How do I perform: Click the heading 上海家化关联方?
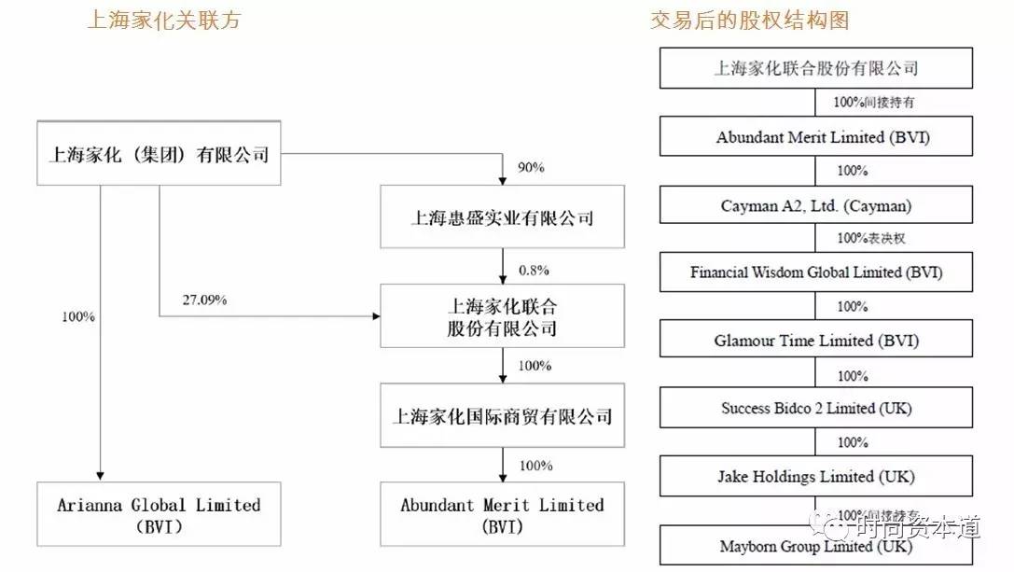(x=163, y=20)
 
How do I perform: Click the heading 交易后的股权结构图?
(x=750, y=20)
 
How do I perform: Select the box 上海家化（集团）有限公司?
(x=159, y=154)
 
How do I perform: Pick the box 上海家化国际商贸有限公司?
(x=502, y=415)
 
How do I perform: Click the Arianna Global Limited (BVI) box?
(x=159, y=514)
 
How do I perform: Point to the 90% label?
(x=530, y=168)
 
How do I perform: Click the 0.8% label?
(x=534, y=271)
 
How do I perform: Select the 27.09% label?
(x=205, y=300)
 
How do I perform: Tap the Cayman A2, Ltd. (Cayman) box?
(x=816, y=205)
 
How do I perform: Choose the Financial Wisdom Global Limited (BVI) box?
(x=816, y=272)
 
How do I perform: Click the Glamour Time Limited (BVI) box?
(x=816, y=341)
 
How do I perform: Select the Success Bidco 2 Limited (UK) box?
(x=816, y=409)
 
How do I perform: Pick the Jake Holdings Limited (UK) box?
(x=816, y=477)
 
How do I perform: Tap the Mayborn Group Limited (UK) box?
(x=816, y=546)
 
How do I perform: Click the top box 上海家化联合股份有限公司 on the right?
(x=816, y=68)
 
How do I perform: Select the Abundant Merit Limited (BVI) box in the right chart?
(x=816, y=137)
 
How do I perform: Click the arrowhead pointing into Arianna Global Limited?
(x=98, y=475)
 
